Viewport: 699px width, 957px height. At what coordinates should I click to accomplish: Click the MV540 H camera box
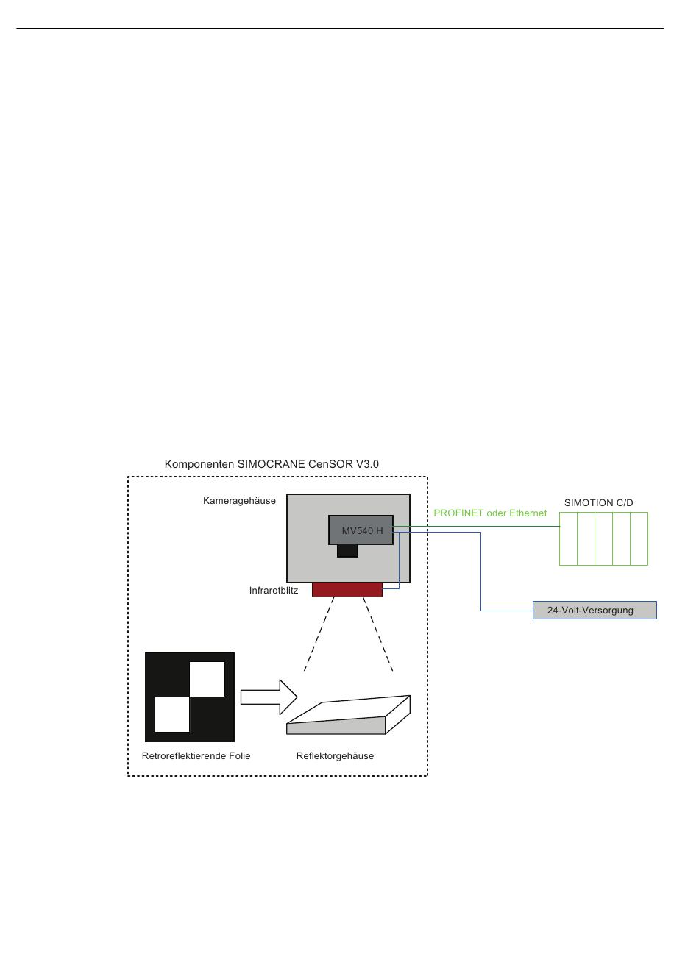point(361,530)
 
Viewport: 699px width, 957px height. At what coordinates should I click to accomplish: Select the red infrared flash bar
point(347,589)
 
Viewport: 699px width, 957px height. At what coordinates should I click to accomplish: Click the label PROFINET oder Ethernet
point(490,513)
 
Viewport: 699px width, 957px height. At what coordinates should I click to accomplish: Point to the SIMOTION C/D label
point(598,503)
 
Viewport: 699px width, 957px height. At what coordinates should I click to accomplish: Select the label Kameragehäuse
point(239,501)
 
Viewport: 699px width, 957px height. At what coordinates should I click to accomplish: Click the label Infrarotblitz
point(274,591)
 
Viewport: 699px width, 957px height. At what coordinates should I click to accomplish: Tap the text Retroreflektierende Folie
point(196,756)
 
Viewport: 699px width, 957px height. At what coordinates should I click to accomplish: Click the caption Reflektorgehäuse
point(335,756)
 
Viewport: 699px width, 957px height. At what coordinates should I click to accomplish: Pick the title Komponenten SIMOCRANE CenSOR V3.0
point(272,464)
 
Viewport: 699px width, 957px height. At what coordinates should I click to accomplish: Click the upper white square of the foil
point(207,679)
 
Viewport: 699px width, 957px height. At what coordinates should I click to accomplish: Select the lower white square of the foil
point(172,714)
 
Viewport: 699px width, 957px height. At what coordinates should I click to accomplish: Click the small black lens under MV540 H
point(347,550)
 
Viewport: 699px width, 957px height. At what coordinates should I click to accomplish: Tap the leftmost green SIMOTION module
point(568,538)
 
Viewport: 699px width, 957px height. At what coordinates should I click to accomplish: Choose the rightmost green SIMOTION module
point(639,538)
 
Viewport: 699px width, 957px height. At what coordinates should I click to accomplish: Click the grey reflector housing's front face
point(336,725)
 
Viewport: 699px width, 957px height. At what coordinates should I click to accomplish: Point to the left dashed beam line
point(319,634)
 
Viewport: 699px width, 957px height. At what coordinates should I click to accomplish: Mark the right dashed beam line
point(377,634)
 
